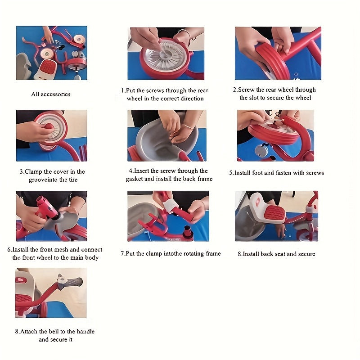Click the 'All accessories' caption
pos(51,94)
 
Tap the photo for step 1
pos(166,54)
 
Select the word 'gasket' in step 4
pos(135,179)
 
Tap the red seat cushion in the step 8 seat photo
pos(275,215)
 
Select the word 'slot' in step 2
pos(254,98)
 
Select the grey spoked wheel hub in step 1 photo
pos(165,55)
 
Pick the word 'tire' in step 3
pos(73,180)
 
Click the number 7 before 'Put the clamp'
pos(122,253)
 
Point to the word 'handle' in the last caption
pos(85,331)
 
